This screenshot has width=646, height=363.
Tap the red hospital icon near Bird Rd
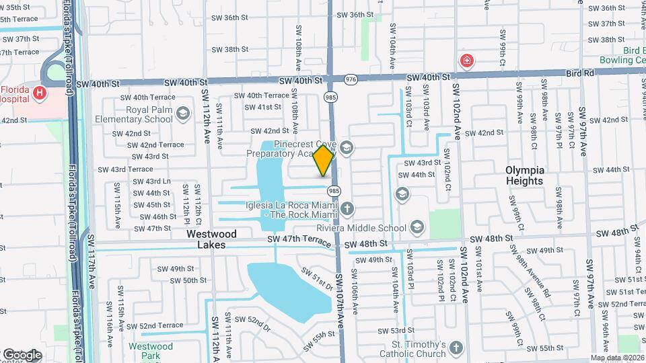pyautogui.click(x=466, y=61)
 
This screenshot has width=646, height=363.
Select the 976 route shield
pyautogui.click(x=350, y=79)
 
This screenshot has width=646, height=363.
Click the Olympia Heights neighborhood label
pyautogui.click(x=524, y=175)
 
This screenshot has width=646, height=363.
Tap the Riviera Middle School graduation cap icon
pyautogui.click(x=417, y=227)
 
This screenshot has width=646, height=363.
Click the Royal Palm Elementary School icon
pyautogui.click(x=182, y=114)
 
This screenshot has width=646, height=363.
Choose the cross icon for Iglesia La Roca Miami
pyautogui.click(x=347, y=209)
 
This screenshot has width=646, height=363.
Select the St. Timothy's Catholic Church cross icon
pyautogui.click(x=456, y=348)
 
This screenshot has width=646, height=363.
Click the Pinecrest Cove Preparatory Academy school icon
pyautogui.click(x=346, y=147)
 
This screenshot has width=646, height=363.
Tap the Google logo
pyautogui.click(x=22, y=354)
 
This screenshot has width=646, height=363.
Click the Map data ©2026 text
pyautogui.click(x=616, y=358)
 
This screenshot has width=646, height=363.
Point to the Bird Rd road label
pyautogui.click(x=581, y=72)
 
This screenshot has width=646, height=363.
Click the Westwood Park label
pyautogui.click(x=151, y=352)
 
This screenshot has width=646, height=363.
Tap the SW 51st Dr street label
pyautogui.click(x=317, y=280)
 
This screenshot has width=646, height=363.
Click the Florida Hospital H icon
pyautogui.click(x=40, y=92)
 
